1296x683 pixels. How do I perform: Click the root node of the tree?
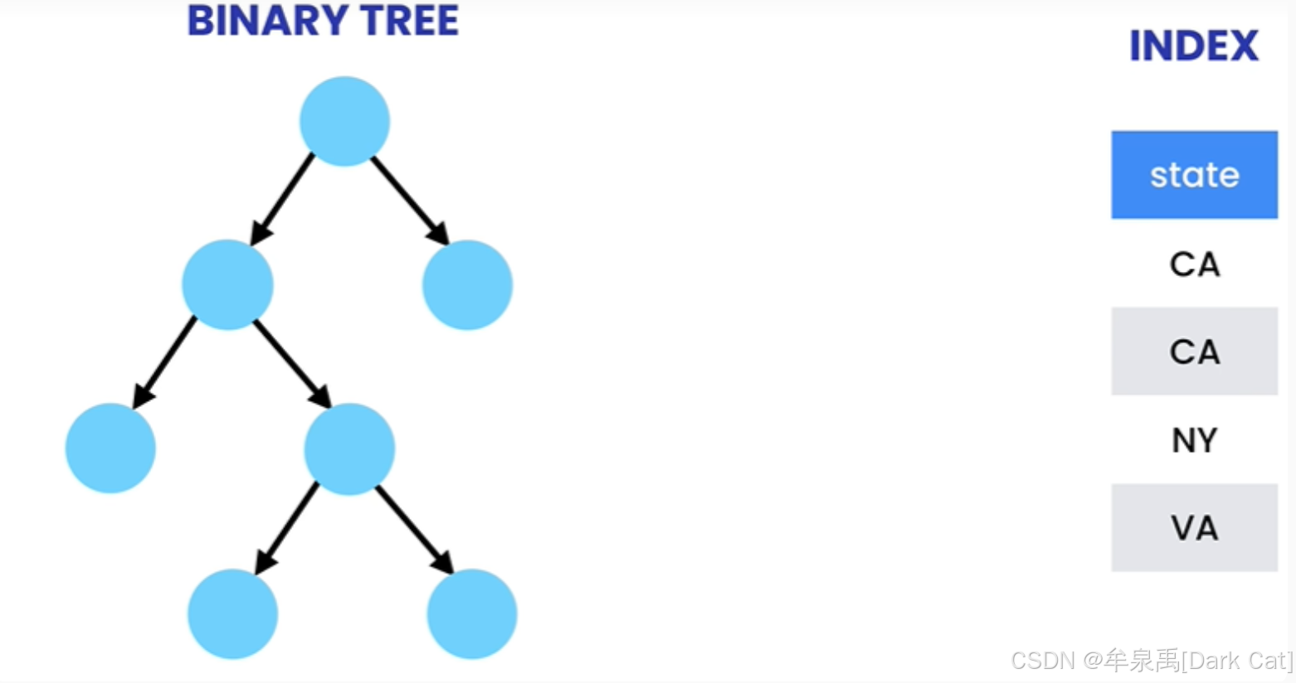344,121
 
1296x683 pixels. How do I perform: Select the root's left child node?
227,284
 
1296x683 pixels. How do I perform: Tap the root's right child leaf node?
467,284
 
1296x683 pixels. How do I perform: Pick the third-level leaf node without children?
110,448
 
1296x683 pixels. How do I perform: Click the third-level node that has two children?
349,448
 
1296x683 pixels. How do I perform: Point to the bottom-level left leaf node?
232,613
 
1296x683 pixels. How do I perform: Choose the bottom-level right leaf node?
472,613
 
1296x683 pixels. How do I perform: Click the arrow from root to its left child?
283,200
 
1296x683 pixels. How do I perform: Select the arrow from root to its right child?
409,200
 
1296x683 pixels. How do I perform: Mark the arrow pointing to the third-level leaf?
165,362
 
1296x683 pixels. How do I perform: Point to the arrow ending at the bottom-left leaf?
287,528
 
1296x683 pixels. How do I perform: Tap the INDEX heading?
1193,46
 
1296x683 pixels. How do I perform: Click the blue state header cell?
1194,175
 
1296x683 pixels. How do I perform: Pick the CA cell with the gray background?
1194,351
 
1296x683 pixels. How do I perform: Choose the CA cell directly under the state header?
1194,264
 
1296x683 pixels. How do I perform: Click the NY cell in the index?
1194,440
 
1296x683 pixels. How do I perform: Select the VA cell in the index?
1194,528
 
